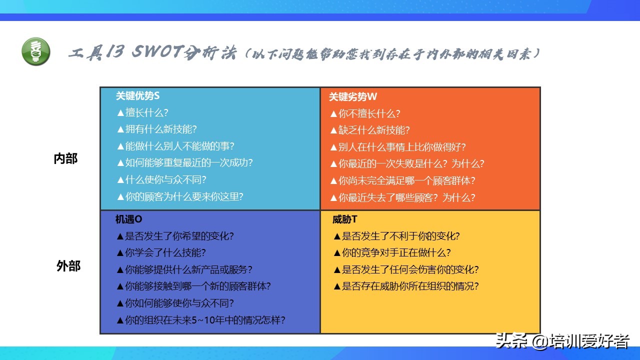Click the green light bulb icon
click(x=36, y=51)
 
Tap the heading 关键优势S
click(x=137, y=95)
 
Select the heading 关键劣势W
click(x=353, y=96)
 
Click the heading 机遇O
click(x=128, y=219)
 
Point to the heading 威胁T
click(x=344, y=219)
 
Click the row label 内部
click(x=65, y=158)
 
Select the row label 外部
click(x=68, y=265)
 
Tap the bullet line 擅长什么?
click(x=142, y=112)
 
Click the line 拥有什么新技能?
click(x=157, y=129)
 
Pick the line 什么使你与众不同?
click(x=161, y=179)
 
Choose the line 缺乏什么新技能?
click(x=370, y=130)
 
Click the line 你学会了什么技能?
click(x=161, y=252)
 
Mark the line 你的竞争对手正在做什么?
click(x=392, y=252)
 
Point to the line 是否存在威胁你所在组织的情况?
click(x=406, y=286)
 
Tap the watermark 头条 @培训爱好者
click(x=562, y=341)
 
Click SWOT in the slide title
click(x=156, y=51)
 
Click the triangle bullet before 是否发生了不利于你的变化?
click(x=337, y=236)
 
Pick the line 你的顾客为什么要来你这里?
click(x=180, y=196)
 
